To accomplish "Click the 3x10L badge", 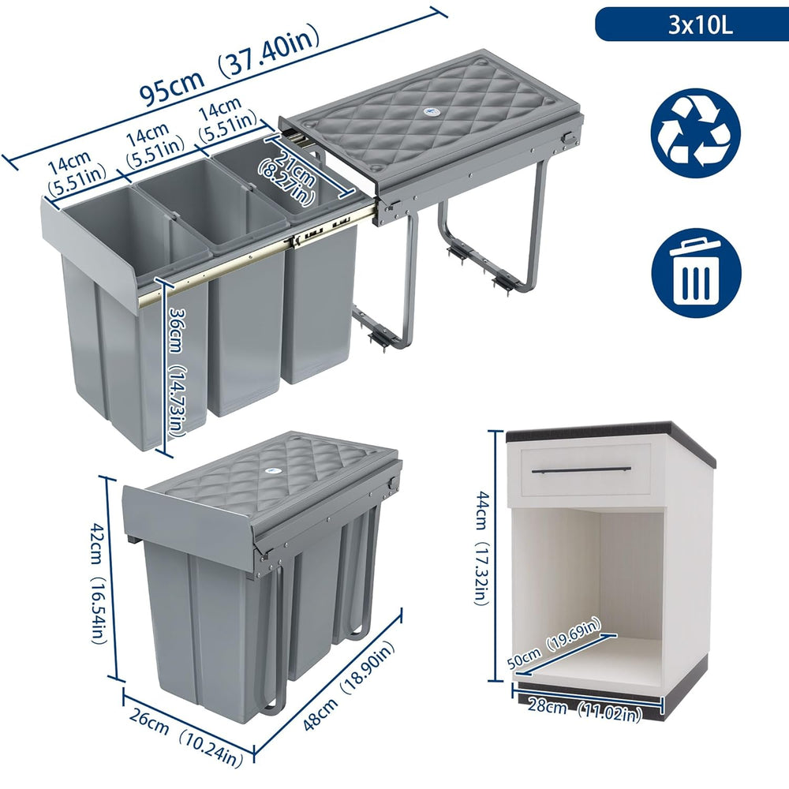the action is coord(692,24).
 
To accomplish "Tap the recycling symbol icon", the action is coord(696,133).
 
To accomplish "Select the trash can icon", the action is coord(697,272).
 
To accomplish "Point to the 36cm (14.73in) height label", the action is coord(176,372).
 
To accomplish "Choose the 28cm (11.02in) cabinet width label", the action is coord(585,709).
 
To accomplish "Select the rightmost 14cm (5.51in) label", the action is coord(227,119).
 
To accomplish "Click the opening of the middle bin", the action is coord(211,200).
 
